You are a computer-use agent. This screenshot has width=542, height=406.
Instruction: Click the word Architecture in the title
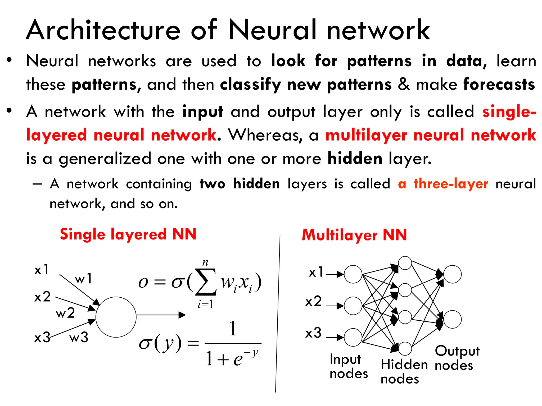[103, 30]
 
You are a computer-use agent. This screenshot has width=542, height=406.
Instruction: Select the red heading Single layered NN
[128, 234]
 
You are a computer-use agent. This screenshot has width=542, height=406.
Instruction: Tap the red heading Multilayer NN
[354, 235]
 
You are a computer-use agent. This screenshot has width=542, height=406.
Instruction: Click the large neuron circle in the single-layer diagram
[116, 317]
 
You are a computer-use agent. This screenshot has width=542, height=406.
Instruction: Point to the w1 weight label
[83, 279]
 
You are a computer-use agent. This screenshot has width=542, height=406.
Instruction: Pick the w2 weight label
[65, 313]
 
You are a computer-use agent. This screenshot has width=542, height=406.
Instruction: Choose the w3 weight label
[79, 337]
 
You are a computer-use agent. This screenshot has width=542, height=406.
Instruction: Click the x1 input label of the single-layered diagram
[42, 270]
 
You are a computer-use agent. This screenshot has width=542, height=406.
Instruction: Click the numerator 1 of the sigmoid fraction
[233, 329]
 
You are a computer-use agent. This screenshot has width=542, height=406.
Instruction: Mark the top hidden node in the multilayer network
[405, 263]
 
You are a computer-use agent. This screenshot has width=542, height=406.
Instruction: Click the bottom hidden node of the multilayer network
[405, 348]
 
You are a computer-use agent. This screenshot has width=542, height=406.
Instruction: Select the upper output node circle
[452, 274]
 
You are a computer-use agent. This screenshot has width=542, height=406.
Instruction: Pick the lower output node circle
[452, 319]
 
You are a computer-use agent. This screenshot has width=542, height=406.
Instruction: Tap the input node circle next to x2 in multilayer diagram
[353, 306]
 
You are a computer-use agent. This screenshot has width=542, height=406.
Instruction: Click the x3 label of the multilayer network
[313, 333]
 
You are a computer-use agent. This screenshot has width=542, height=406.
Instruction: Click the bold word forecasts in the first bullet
[499, 85]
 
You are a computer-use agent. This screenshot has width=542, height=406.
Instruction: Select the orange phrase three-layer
[451, 184]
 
